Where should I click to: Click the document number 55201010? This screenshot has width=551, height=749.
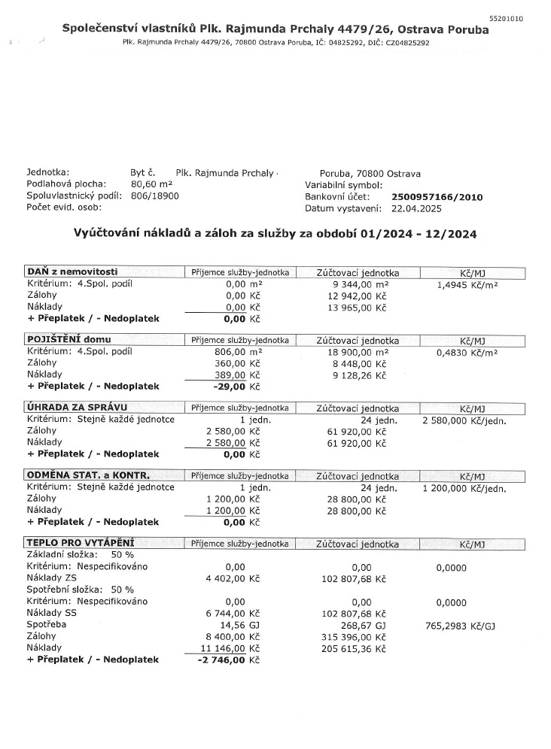coord(506,17)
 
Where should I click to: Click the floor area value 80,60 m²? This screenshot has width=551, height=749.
coord(152,184)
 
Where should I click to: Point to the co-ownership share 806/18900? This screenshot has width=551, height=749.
coord(155,196)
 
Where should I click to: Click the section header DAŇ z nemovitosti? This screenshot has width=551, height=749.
coord(72,271)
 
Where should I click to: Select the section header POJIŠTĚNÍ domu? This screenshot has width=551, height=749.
coord(68,340)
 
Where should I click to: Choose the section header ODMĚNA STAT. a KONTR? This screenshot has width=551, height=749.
coord(88,476)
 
